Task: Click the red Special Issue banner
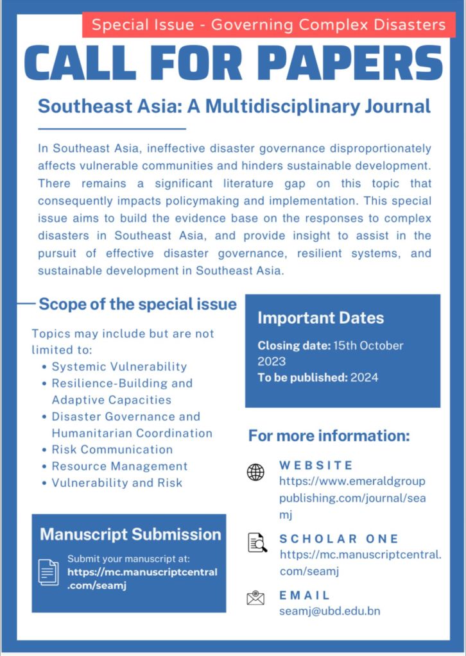click(x=268, y=25)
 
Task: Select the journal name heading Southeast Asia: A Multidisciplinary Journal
click(x=234, y=105)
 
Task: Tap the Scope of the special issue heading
click(x=137, y=304)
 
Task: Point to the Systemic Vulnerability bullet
click(x=119, y=367)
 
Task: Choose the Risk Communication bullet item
click(x=112, y=450)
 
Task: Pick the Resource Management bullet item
click(x=119, y=466)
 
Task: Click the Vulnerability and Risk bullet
click(x=117, y=483)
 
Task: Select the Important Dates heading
click(x=321, y=318)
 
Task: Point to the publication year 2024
click(x=364, y=378)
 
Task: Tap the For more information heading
click(x=329, y=437)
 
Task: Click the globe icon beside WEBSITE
click(x=255, y=473)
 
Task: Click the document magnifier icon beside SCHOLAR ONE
click(x=257, y=543)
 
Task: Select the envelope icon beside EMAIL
click(x=255, y=598)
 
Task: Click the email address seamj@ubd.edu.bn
click(x=329, y=611)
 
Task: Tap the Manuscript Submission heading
click(x=130, y=534)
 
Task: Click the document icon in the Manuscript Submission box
click(x=48, y=571)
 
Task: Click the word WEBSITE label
click(x=316, y=465)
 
